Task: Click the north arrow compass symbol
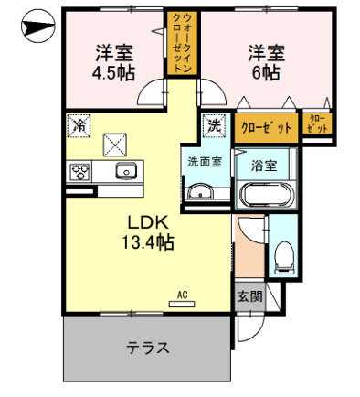37,26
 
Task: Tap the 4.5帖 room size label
113,73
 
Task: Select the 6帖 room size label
266,72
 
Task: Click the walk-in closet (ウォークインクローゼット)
182,43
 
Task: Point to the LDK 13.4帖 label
148,232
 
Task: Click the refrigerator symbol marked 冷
79,125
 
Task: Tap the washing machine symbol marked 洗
215,125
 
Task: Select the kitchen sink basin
126,170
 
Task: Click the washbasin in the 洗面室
200,192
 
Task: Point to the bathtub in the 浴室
266,195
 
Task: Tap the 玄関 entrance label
250,295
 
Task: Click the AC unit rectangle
182,304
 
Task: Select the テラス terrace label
148,349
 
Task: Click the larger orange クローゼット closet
266,127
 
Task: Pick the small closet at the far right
317,123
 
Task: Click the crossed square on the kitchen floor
115,145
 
